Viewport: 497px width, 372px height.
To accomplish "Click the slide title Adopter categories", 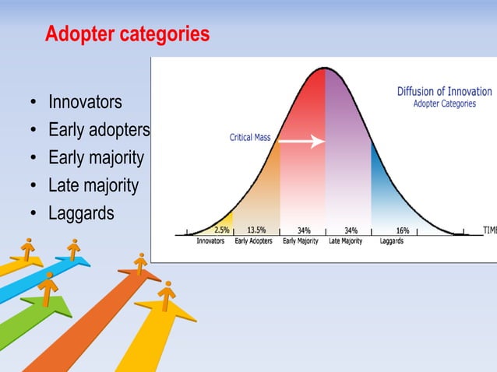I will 127,35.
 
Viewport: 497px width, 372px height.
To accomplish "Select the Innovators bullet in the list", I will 85,103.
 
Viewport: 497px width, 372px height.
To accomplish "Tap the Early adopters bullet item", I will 98,130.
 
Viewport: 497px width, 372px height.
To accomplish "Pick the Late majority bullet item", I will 93,185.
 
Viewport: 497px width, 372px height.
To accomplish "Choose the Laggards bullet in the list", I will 81,212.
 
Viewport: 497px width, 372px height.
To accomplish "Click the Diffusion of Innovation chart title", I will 444,91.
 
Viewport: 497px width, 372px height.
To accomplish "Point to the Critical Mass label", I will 250,138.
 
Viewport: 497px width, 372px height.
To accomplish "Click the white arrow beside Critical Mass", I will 301,142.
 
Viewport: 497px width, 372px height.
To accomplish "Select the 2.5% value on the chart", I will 222,230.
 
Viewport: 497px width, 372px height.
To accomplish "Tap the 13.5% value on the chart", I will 256,230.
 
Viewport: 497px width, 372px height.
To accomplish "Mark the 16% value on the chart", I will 403,230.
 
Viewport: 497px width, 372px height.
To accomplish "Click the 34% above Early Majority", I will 305,230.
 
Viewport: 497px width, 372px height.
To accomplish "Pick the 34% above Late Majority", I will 351,230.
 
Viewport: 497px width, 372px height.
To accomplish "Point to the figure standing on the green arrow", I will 48,288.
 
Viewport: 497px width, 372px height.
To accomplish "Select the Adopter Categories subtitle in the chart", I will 444,104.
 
